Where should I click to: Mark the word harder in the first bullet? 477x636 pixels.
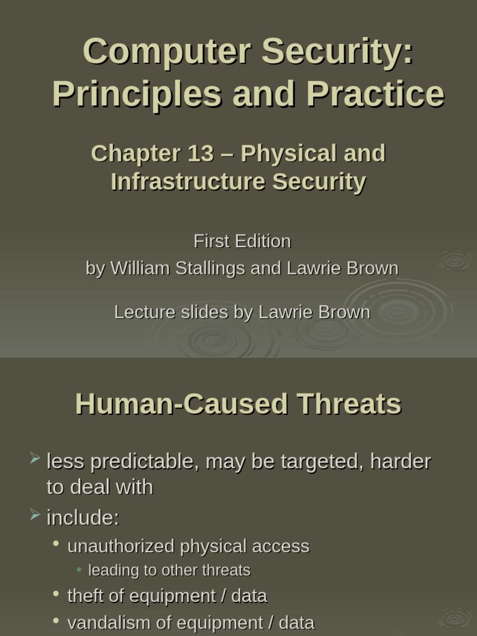pyautogui.click(x=401, y=462)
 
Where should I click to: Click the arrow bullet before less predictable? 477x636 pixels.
pyautogui.click(x=35, y=460)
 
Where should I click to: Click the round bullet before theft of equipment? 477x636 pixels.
pyautogui.click(x=57, y=594)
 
